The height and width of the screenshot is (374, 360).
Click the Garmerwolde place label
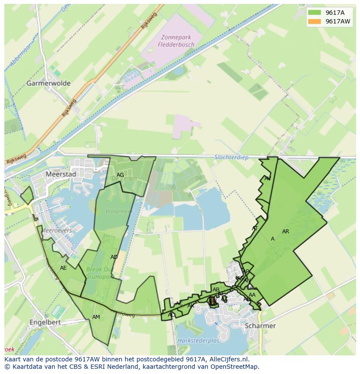coord(48,83)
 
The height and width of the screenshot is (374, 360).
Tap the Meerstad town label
coord(60,174)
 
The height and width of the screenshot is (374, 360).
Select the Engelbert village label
coord(45,322)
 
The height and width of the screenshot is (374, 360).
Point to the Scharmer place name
coord(260,326)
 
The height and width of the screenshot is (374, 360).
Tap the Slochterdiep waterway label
coord(231,157)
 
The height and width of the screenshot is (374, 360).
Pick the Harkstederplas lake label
coord(198,341)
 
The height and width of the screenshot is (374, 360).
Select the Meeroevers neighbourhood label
coord(56,231)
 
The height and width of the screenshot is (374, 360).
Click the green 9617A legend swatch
coord(315,13)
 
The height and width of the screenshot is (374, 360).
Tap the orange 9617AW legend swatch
coord(315,21)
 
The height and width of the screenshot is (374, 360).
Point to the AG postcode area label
coord(120,175)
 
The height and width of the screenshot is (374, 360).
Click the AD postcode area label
coord(114,257)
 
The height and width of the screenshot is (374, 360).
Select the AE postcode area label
coord(63,268)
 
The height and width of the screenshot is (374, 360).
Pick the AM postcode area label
coord(96,317)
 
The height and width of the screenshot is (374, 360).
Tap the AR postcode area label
coord(286,232)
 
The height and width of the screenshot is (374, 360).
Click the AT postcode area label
coord(255,228)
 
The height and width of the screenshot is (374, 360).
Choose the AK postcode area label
coord(191,306)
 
